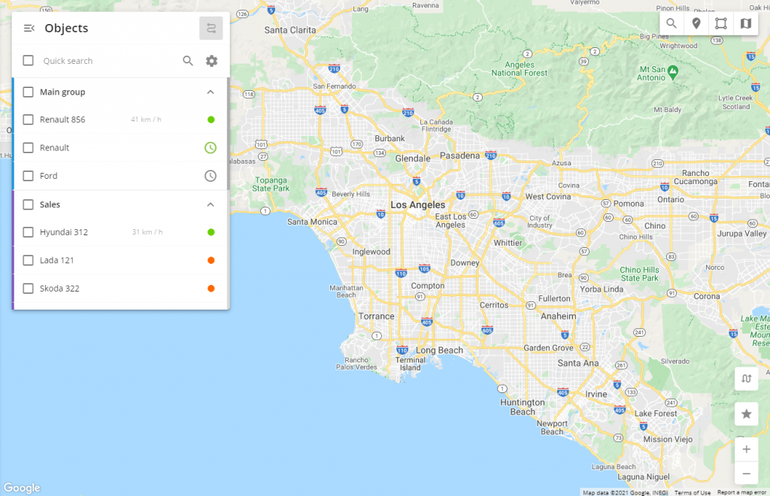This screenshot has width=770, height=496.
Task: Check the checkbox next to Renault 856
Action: pos(28,119)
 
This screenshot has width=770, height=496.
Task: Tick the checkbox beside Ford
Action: pos(28,176)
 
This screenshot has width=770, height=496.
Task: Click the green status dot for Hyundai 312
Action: pos(211,232)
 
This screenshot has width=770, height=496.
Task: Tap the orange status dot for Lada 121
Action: pos(211,260)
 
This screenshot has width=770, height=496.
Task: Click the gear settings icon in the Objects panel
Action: pos(211,61)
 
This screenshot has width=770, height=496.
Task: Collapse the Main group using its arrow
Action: pos(211,92)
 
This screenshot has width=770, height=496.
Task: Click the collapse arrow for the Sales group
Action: pos(211,204)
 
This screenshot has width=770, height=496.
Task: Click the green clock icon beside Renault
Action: pos(211,147)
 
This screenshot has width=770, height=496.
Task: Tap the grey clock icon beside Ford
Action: pos(211,176)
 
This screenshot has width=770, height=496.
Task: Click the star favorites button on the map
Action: pos(746,414)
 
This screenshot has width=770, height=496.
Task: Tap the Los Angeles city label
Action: pos(417,205)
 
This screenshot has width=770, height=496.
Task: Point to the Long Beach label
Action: pos(440,350)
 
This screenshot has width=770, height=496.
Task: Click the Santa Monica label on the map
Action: pos(313,222)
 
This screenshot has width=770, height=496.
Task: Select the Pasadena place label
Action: pos(459,156)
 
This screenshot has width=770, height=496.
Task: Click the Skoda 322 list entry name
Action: pos(59,289)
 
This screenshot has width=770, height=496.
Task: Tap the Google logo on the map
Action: pos(21,488)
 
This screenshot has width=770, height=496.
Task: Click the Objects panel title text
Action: pos(66,29)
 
